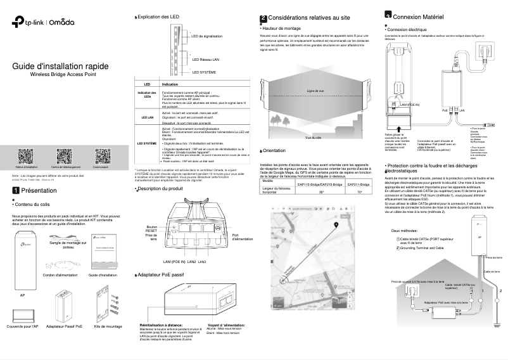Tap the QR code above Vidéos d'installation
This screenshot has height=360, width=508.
coord(25,155)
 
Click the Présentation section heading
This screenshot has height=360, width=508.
coord(39,190)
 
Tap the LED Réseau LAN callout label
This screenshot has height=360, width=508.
coord(206,60)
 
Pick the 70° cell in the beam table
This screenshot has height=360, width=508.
coord(359,191)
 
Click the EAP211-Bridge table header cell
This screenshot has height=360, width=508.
coord(359,184)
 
